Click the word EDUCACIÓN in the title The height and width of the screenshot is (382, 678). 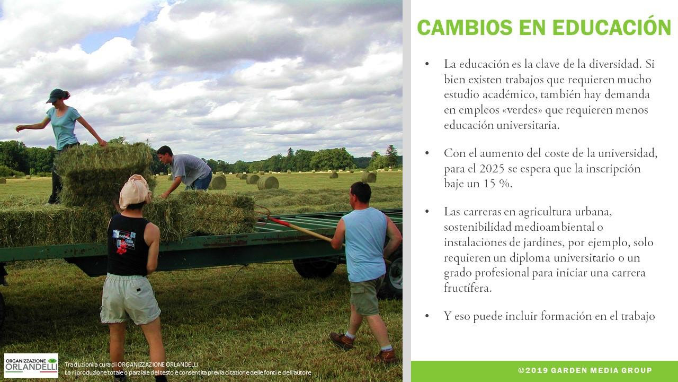click(x=612, y=27)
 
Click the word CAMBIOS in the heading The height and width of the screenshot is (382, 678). click(x=465, y=27)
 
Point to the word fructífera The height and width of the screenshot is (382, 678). click(x=468, y=288)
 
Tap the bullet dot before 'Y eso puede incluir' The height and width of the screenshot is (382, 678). click(x=427, y=316)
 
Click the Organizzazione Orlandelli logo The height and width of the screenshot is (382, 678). click(x=31, y=366)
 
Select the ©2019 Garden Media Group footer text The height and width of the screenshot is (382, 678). click(x=585, y=370)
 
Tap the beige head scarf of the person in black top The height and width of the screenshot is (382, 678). click(x=135, y=191)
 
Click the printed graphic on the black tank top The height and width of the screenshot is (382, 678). click(x=124, y=241)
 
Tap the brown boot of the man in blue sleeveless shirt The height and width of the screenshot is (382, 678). click(x=342, y=341)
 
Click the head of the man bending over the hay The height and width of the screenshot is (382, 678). click(x=165, y=154)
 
